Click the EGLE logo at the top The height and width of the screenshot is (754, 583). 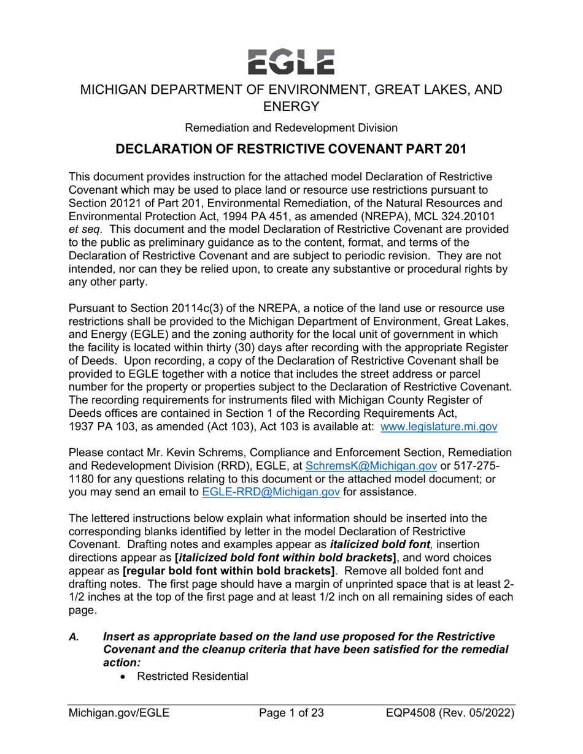click(x=291, y=61)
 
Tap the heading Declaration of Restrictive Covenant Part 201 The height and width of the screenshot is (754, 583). click(x=291, y=149)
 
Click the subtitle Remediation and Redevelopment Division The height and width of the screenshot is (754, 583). click(x=291, y=128)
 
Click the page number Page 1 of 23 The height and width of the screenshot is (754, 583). click(x=291, y=713)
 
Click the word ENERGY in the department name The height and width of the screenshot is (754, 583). click(x=291, y=107)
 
